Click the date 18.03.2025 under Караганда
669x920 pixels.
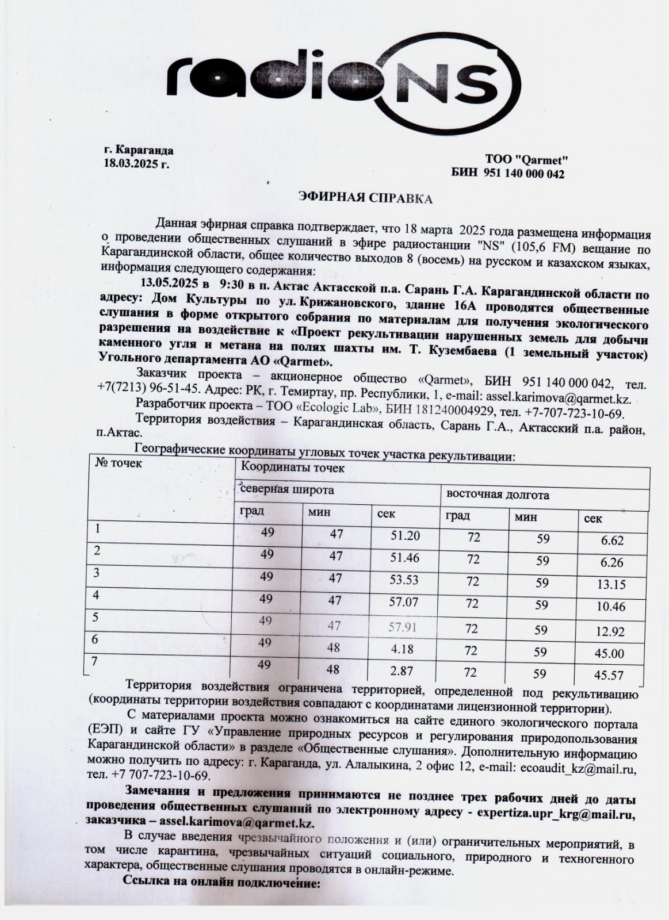[x=136, y=163]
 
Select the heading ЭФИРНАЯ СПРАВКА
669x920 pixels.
[x=365, y=199]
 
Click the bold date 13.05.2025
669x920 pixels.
[x=167, y=283]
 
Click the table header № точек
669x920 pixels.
[x=118, y=463]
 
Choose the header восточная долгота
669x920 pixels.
[x=498, y=494]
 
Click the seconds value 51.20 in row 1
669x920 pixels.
[x=405, y=536]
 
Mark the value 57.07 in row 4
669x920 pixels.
[x=404, y=603]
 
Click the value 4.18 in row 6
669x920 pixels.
[x=402, y=649]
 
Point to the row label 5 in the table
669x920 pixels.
[x=95, y=617]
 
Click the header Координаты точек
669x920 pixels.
[x=293, y=467]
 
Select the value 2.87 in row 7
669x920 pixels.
[x=401, y=671]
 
